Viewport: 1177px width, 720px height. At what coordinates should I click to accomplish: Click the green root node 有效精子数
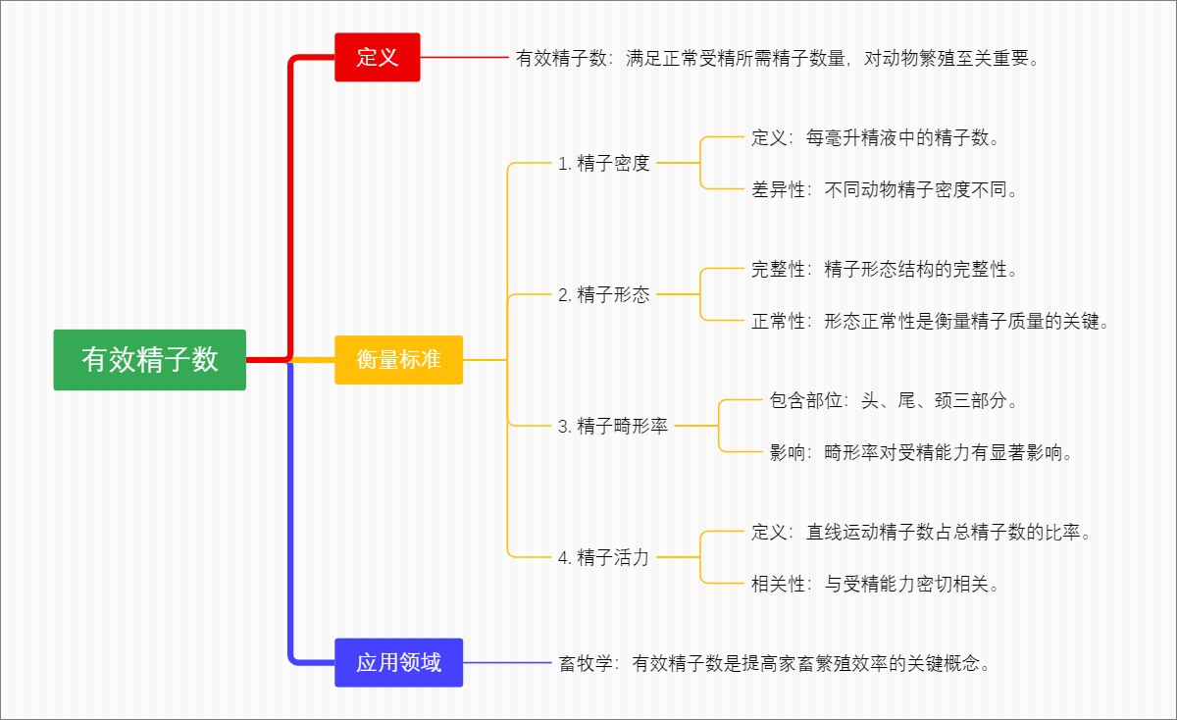(149, 360)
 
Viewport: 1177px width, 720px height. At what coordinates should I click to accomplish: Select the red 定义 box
(377, 57)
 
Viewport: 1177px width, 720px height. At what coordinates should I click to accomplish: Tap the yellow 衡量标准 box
(398, 360)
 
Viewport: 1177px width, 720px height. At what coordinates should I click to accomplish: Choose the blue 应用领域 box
(398, 662)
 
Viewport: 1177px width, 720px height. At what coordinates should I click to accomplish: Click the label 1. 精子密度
(603, 164)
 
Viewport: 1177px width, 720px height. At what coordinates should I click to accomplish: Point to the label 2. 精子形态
(603, 294)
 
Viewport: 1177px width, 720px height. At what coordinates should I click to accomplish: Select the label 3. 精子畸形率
(612, 426)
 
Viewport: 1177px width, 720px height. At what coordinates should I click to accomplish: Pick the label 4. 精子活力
(603, 557)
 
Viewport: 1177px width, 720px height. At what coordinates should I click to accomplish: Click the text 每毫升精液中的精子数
(902, 138)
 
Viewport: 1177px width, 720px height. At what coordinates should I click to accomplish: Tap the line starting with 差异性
(886, 190)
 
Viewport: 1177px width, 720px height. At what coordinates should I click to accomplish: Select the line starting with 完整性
(886, 269)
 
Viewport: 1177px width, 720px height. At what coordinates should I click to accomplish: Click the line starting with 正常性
(930, 321)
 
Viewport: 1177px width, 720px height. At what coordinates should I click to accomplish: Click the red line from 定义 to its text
(463, 58)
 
